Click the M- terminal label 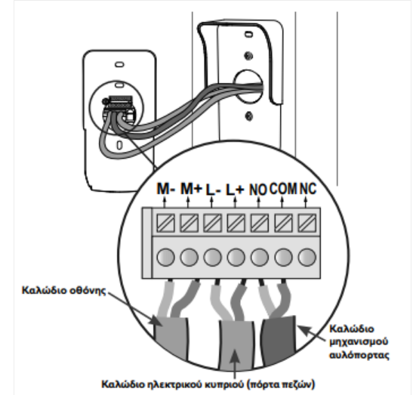pyautogui.click(x=166, y=189)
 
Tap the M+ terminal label pyautogui.click(x=191, y=189)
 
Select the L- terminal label pyautogui.click(x=214, y=190)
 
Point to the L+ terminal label pyautogui.click(x=235, y=190)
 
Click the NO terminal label pyautogui.click(x=258, y=190)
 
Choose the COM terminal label pyautogui.click(x=283, y=189)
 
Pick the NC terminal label pyautogui.click(x=308, y=189)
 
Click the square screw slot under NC pyautogui.click(x=307, y=224)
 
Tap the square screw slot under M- pyautogui.click(x=166, y=224)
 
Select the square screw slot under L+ pyautogui.click(x=236, y=224)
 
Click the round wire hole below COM pyautogui.click(x=284, y=257)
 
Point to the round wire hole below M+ pyautogui.click(x=190, y=257)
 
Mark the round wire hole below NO pyautogui.click(x=260, y=257)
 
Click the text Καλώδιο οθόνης pyautogui.click(x=63, y=291)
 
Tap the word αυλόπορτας pyautogui.click(x=359, y=355)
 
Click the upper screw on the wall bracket pyautogui.click(x=248, y=56)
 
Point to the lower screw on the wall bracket pyautogui.click(x=248, y=116)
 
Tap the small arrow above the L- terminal pyautogui.click(x=211, y=202)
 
